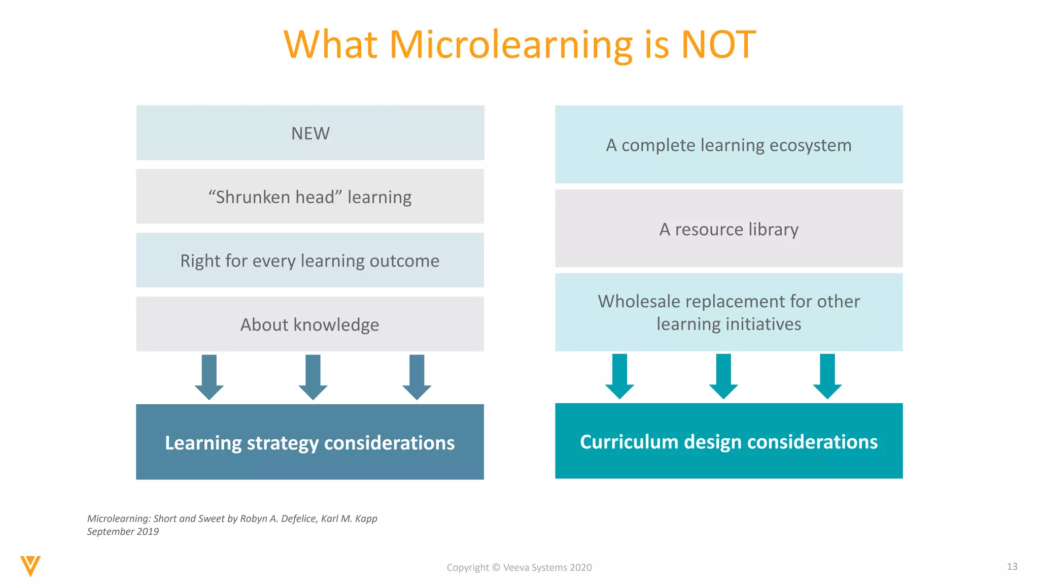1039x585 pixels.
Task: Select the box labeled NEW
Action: (310, 133)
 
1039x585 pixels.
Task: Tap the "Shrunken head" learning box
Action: (310, 197)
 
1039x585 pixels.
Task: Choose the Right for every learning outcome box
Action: (310, 261)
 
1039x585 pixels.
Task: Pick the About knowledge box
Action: (310, 324)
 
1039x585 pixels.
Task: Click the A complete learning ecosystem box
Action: (729, 145)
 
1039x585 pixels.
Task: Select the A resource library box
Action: (729, 229)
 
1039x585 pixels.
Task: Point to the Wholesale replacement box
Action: (729, 312)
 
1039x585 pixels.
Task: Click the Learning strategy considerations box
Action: (310, 442)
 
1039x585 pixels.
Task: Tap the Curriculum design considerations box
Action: (729, 441)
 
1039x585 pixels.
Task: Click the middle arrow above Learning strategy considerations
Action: (313, 377)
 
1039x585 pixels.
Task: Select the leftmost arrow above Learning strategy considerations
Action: (209, 377)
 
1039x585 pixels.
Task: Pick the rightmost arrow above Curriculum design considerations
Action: (827, 376)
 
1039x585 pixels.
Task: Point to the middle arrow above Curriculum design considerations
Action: (723, 376)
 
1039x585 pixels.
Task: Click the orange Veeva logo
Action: (30, 566)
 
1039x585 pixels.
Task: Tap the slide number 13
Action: (1012, 567)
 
